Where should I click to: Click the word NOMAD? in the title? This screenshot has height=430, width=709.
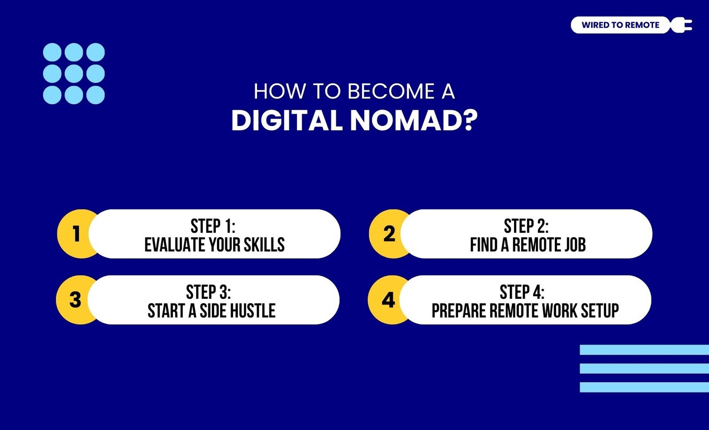tap(414, 121)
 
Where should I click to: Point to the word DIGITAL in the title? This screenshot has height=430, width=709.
tap(287, 121)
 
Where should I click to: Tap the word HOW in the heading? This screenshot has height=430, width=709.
tap(280, 91)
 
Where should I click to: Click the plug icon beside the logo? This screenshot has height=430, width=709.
tap(681, 25)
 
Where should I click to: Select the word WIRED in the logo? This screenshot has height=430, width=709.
tap(592, 25)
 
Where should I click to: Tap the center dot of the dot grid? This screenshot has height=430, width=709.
tap(74, 74)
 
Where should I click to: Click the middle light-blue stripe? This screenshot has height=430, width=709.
tap(644, 368)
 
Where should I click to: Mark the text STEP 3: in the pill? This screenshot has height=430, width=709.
tap(209, 292)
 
